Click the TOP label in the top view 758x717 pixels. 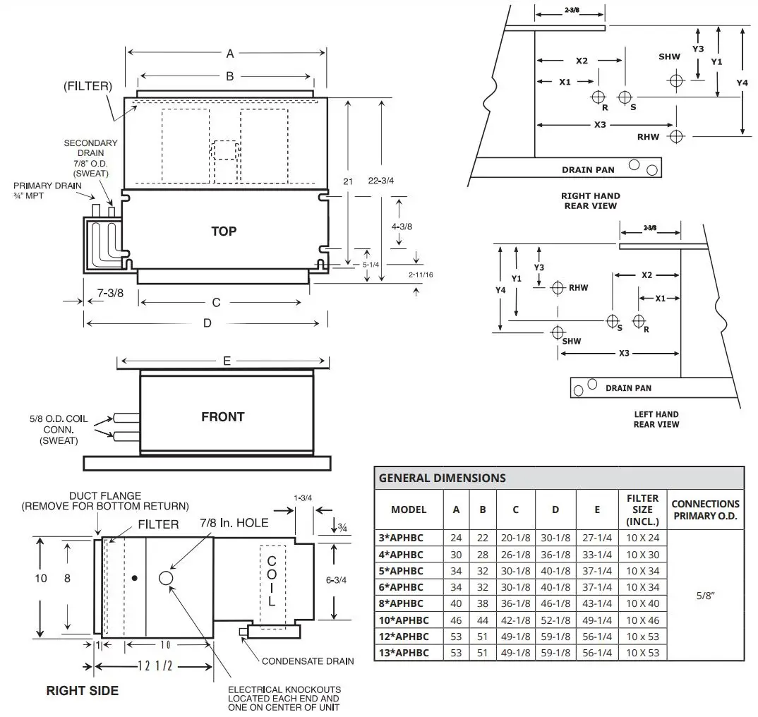point(224,231)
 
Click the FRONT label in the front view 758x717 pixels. point(223,417)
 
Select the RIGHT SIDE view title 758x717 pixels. point(82,690)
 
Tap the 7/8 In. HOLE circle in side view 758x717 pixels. point(167,578)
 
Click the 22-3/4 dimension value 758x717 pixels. point(382,181)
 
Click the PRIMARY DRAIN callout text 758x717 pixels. point(47,191)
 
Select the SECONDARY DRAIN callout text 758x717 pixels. point(90,157)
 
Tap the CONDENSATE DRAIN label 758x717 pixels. point(308,661)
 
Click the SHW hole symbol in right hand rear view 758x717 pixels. point(676,80)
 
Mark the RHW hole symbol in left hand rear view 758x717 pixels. point(558,287)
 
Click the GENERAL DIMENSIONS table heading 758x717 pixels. point(443,478)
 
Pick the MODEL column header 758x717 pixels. point(409,509)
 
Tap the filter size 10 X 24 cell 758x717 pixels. point(642,538)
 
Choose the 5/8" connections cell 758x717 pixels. point(705,595)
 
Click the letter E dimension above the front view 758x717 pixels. point(227,361)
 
